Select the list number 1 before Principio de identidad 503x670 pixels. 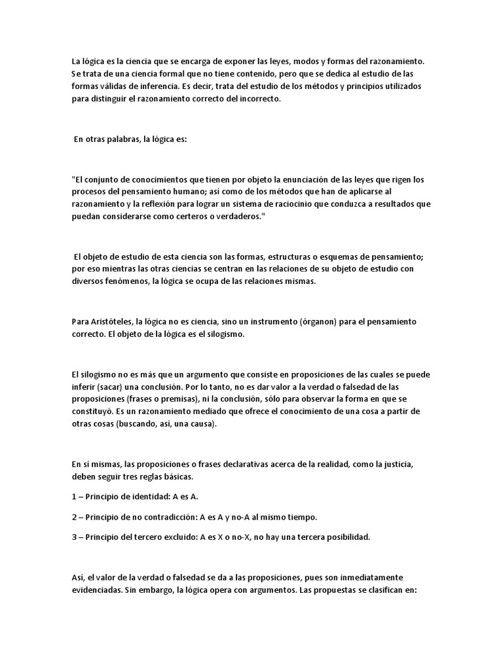(74, 497)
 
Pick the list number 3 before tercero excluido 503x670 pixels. (74, 537)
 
